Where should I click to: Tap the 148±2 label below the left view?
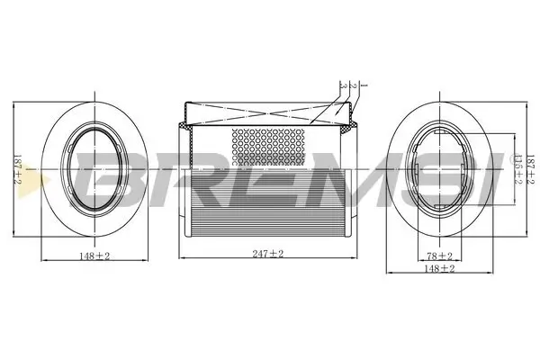click(x=94, y=256)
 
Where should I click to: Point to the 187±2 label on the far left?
click(x=15, y=171)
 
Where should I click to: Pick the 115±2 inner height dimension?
click(x=516, y=169)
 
